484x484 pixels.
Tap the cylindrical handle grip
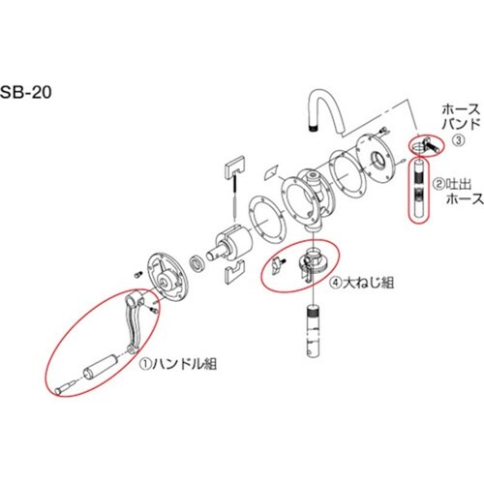coord(102,368)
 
